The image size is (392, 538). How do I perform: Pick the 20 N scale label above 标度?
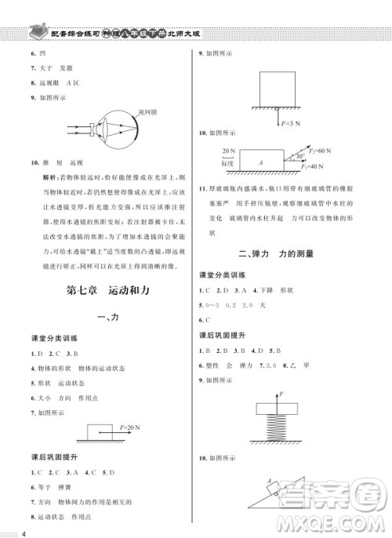pyautogui.click(x=228, y=149)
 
